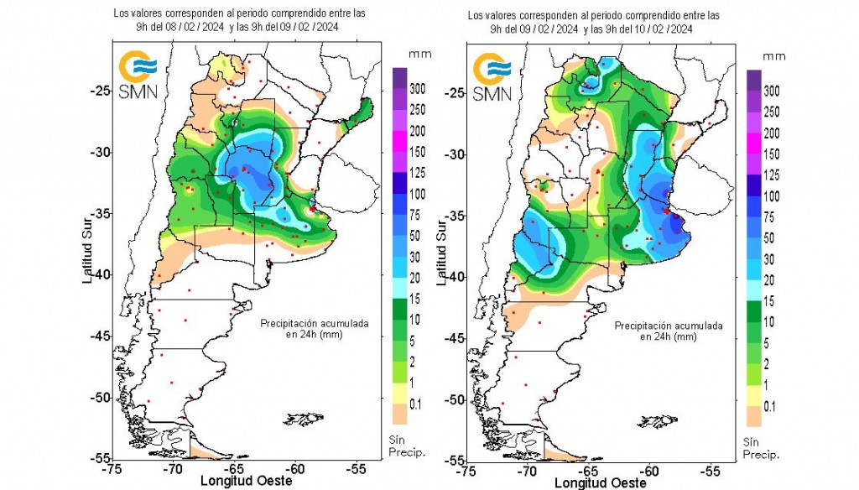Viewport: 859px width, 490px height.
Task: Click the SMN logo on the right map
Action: pyautogui.click(x=492, y=76)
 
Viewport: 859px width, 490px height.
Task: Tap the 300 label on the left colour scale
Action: pyautogui.click(x=418, y=88)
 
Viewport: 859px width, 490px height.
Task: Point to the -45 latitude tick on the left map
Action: pyautogui.click(x=102, y=336)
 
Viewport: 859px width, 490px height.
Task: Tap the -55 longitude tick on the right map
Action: pyautogui.click(x=711, y=471)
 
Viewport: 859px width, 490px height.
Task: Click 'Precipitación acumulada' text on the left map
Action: pyautogui.click(x=314, y=323)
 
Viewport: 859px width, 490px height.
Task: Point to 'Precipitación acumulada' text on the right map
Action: pyautogui.click(x=668, y=326)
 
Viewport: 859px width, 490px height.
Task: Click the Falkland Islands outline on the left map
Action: pyautogui.click(x=305, y=417)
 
